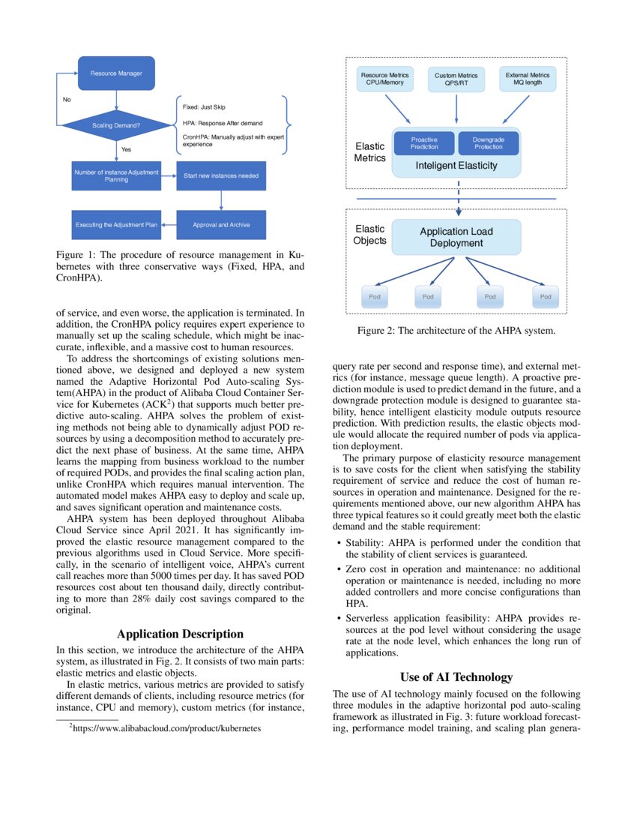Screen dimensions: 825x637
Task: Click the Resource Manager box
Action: pyautogui.click(x=116, y=73)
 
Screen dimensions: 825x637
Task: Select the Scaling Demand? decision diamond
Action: pyautogui.click(x=116, y=125)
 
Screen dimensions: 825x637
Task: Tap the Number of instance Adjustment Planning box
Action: pyautogui.click(x=116, y=175)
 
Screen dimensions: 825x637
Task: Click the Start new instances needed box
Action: pyautogui.click(x=221, y=175)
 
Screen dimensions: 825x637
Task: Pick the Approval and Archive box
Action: pyautogui.click(x=221, y=225)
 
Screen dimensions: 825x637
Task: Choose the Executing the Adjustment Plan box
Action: pyautogui.click(x=116, y=225)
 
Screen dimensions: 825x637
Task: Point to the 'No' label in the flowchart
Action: pyautogui.click(x=67, y=99)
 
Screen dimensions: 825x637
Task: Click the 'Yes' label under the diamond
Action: pyautogui.click(x=126, y=149)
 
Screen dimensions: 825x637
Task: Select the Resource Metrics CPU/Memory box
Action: pyautogui.click(x=384, y=79)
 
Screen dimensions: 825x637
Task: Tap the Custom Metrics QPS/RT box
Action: pyautogui.click(x=456, y=79)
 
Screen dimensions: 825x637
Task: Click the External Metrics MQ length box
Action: pyautogui.click(x=528, y=79)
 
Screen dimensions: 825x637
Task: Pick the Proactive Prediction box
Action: pyautogui.click(x=424, y=142)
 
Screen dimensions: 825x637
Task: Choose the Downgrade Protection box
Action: pyautogui.click(x=488, y=142)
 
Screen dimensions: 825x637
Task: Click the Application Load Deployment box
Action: pyautogui.click(x=456, y=237)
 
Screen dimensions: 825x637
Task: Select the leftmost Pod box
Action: pyautogui.click(x=375, y=297)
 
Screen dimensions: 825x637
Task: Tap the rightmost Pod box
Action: pyautogui.click(x=545, y=297)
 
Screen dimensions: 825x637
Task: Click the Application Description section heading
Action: pyautogui.click(x=181, y=634)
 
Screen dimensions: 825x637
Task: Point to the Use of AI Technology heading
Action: pyautogui.click(x=456, y=677)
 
